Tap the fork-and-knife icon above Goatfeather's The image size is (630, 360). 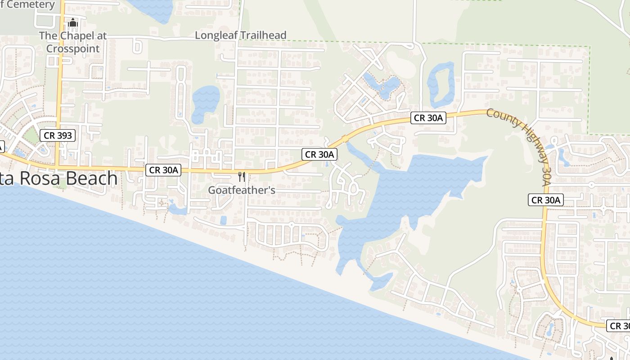tap(242, 176)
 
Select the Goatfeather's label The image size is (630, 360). tap(242, 190)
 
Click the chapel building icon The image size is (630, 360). tap(73, 22)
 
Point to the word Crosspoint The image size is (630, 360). tap(72, 48)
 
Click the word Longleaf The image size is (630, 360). tap(216, 35)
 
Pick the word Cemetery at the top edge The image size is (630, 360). tap(32, 5)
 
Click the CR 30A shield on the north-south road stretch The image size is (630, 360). tap(546, 200)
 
